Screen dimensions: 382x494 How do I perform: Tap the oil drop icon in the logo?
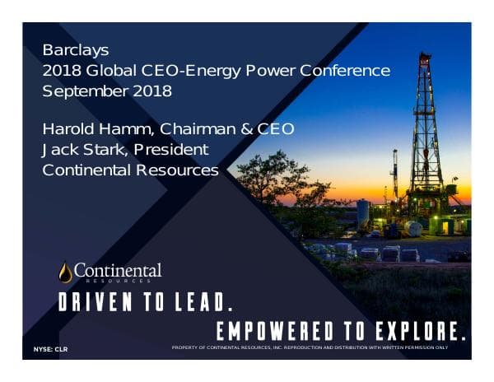(x=65, y=273)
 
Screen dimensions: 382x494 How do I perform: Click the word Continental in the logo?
(x=119, y=270)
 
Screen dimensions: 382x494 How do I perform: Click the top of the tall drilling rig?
(x=425, y=58)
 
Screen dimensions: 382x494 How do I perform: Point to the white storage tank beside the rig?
(x=362, y=213)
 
